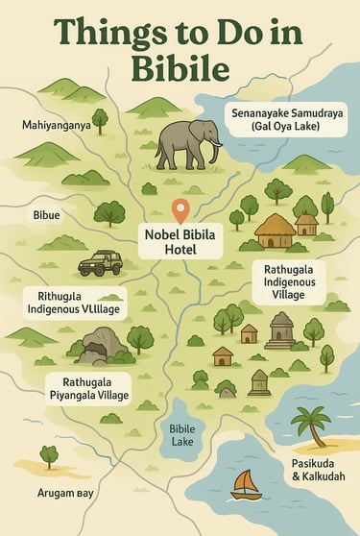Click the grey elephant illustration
(187, 144)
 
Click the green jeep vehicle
(99, 261)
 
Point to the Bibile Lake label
(182, 436)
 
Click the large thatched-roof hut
(276, 231)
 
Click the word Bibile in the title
(180, 69)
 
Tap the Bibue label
(46, 215)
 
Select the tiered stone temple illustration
(281, 330)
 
